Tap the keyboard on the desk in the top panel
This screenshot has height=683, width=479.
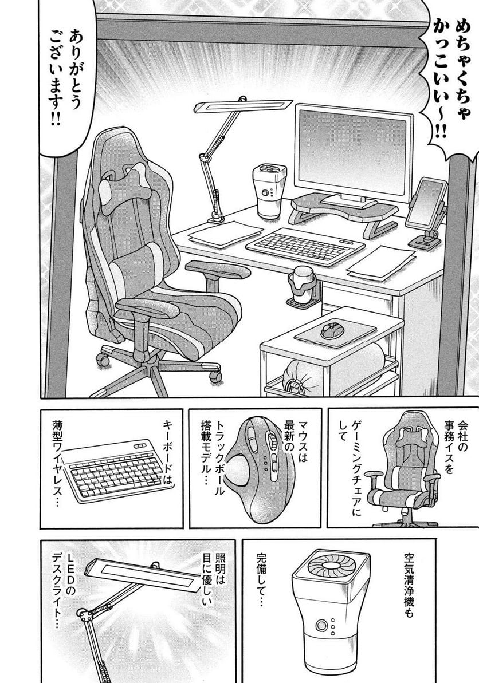[305, 247]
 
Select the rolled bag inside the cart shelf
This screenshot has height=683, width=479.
[331, 367]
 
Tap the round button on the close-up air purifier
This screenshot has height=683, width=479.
[321, 626]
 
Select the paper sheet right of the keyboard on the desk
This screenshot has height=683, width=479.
[381, 262]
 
